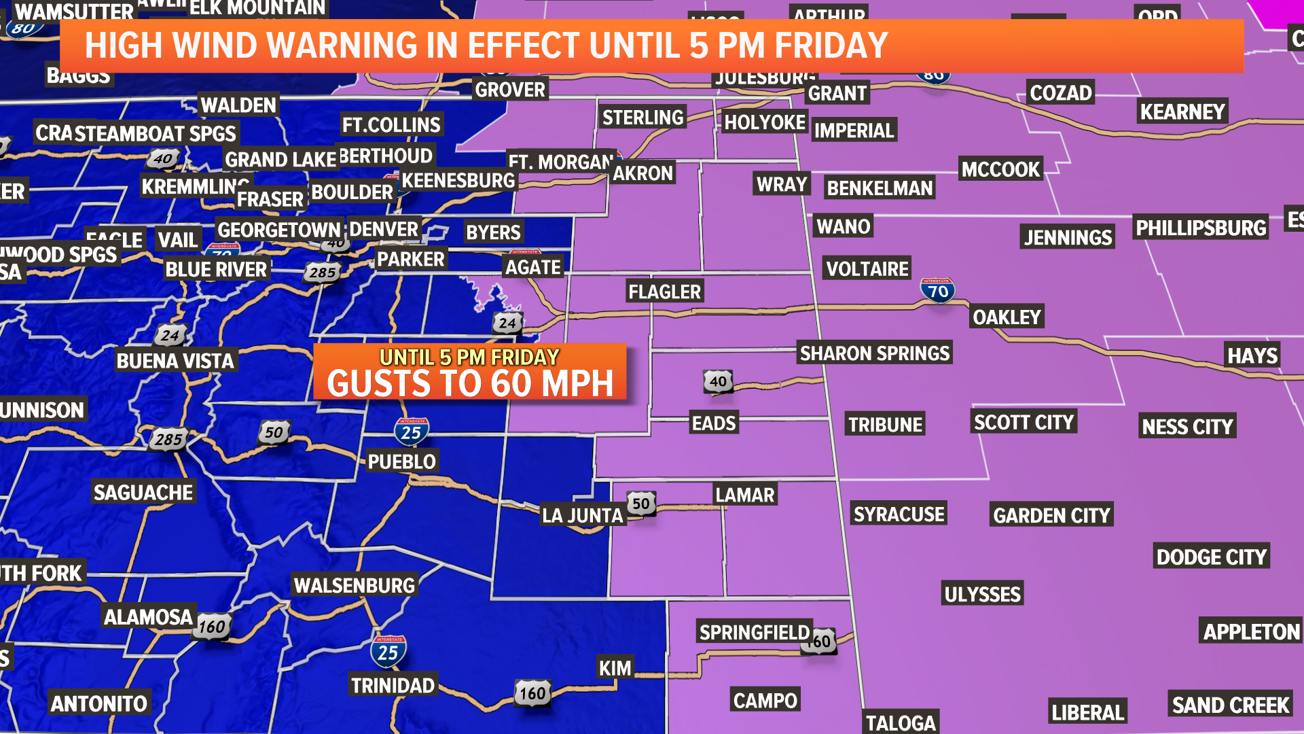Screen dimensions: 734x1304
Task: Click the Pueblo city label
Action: [x=401, y=461]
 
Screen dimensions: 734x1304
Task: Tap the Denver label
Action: [x=384, y=229]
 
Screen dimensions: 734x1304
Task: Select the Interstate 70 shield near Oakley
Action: [x=938, y=291]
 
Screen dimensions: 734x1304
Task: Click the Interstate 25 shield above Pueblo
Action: [x=412, y=432]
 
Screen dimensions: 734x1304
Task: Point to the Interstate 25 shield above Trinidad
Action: [x=388, y=652]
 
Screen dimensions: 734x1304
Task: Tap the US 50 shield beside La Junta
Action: [x=641, y=504]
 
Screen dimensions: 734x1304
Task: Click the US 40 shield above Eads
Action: [x=718, y=381]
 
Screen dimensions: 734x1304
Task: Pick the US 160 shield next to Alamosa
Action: [x=212, y=626]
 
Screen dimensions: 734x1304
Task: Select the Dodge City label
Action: [x=1211, y=557]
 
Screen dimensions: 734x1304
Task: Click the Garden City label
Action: [x=1051, y=515]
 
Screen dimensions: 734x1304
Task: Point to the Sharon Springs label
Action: [x=875, y=353]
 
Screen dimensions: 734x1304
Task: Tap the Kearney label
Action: [x=1182, y=111]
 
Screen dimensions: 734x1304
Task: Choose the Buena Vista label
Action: [x=175, y=360]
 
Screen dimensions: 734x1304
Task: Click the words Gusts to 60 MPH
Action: [x=470, y=383]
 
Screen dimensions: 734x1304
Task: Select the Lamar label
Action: [x=744, y=494]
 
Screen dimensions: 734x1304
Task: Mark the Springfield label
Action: [x=755, y=632]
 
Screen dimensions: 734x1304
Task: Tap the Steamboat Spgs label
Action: [x=156, y=133]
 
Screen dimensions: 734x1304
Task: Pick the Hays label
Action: [x=1252, y=355]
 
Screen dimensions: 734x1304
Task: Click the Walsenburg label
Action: [x=354, y=585]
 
